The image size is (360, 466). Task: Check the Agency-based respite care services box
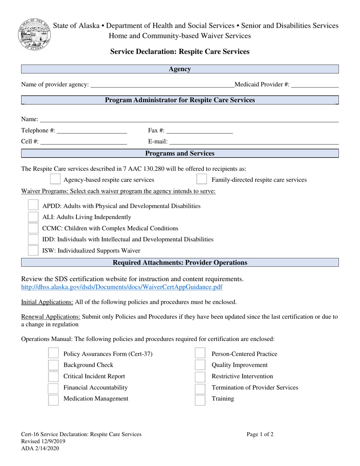point(55,180)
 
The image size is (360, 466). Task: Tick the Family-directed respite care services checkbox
point(202,180)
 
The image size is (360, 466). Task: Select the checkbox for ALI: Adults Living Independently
point(33,217)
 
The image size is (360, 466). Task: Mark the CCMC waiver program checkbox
point(33,228)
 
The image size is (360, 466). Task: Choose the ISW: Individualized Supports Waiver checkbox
point(33,250)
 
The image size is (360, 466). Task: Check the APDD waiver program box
point(33,206)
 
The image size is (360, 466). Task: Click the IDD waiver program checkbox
point(33,239)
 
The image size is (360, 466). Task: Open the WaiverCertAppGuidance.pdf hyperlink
point(122,287)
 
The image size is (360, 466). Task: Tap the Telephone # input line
point(91,131)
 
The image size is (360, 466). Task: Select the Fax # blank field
point(199,131)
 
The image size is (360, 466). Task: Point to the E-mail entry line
point(254,142)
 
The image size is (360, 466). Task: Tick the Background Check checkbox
point(53,365)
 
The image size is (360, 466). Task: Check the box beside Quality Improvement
point(200,365)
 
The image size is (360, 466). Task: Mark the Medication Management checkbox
point(53,399)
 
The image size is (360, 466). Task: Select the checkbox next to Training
point(200,399)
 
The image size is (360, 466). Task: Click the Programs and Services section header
point(180,153)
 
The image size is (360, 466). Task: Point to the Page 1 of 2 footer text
point(260,435)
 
